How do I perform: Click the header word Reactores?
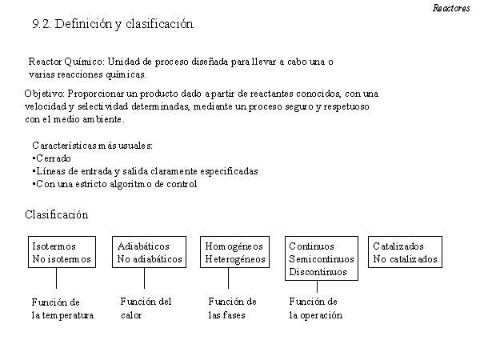pyautogui.click(x=451, y=8)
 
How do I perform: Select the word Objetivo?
pyautogui.click(x=44, y=94)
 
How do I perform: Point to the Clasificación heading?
pyautogui.click(x=57, y=214)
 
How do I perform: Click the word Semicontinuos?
pyautogui.click(x=322, y=259)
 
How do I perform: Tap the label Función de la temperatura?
pyautogui.click(x=62, y=309)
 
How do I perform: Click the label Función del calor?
pyautogui.click(x=146, y=309)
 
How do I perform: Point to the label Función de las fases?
pyautogui.click(x=232, y=309)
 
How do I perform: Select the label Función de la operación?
pyautogui.click(x=316, y=309)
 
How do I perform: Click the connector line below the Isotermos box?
pyautogui.click(x=56, y=278)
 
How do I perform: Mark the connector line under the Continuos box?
pyautogui.click(x=317, y=286)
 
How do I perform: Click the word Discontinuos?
pyautogui.click(x=318, y=272)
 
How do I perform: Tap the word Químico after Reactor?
pyautogui.click(x=85, y=62)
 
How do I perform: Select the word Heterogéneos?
pyautogui.click(x=235, y=259)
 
